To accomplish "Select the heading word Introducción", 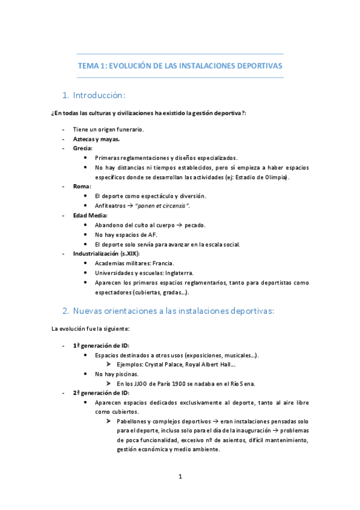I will click(99, 95).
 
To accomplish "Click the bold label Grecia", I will click(83, 148).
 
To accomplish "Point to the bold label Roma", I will click(82, 186).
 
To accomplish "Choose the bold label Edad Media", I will click(90, 215).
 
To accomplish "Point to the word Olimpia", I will click(276, 177).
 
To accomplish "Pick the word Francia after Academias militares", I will click(163, 263).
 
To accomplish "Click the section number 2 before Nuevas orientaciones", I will click(66, 311).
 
